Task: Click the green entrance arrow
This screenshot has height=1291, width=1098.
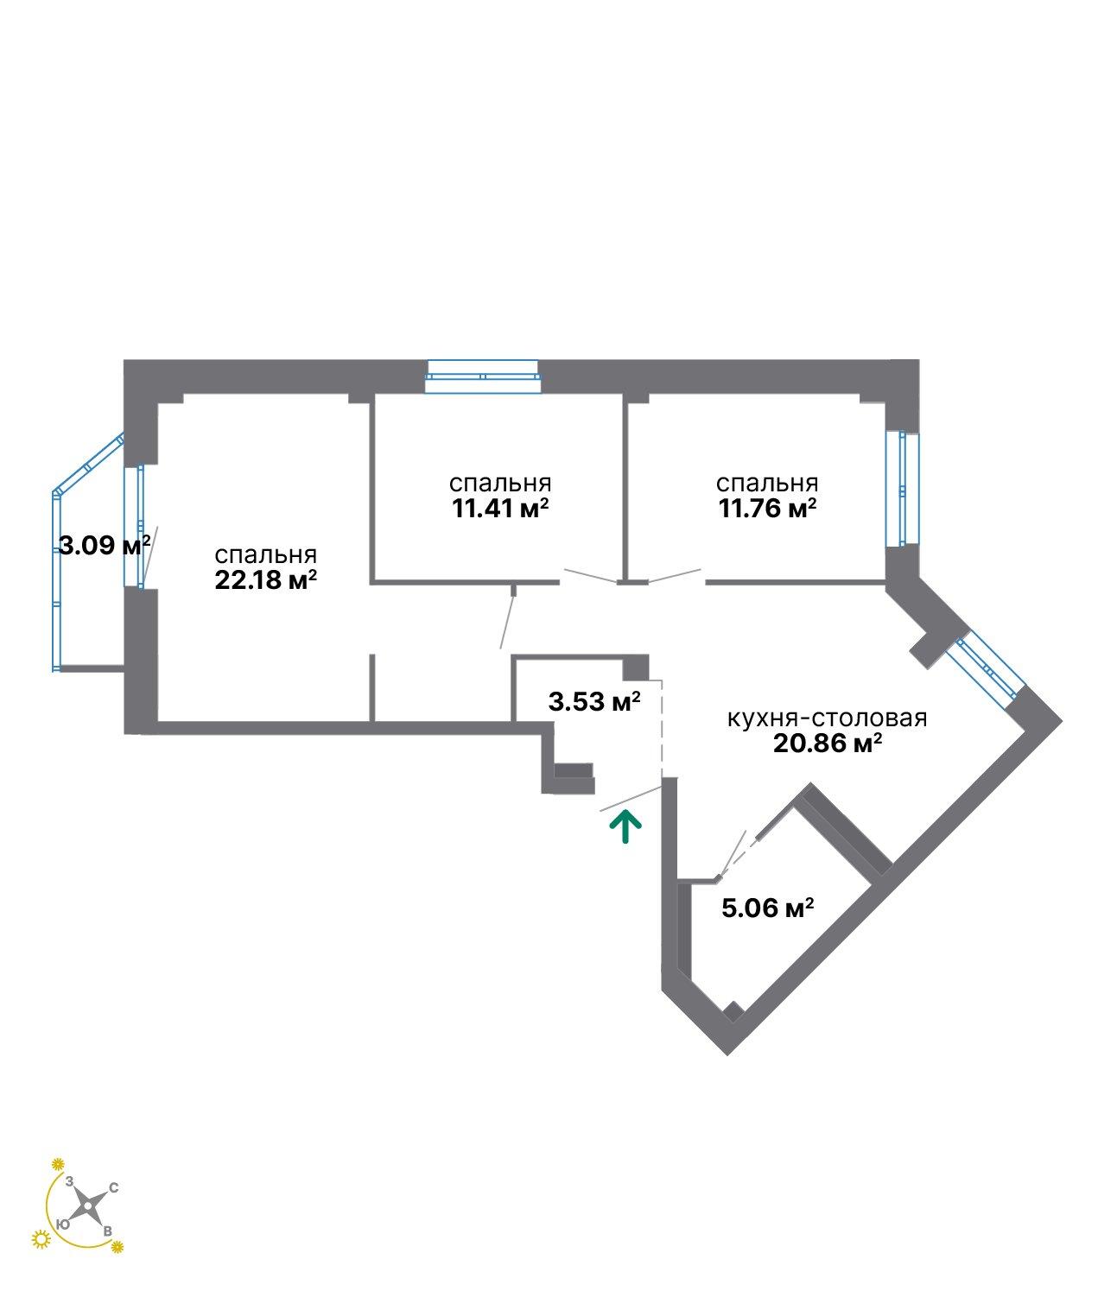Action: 625,827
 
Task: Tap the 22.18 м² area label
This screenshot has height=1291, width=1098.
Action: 265,581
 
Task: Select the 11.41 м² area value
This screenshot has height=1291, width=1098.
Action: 500,509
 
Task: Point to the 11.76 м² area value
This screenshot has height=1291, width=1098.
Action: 767,509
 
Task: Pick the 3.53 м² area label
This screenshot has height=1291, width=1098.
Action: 594,701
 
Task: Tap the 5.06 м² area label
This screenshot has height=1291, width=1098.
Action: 767,908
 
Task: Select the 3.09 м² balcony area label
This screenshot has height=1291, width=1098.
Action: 105,545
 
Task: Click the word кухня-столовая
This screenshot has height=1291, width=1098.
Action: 827,718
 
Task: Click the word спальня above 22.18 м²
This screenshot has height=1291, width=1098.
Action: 265,554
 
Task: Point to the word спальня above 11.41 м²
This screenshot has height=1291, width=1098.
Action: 500,483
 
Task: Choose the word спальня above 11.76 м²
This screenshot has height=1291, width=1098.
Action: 767,483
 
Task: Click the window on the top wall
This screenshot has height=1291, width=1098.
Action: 482,377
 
